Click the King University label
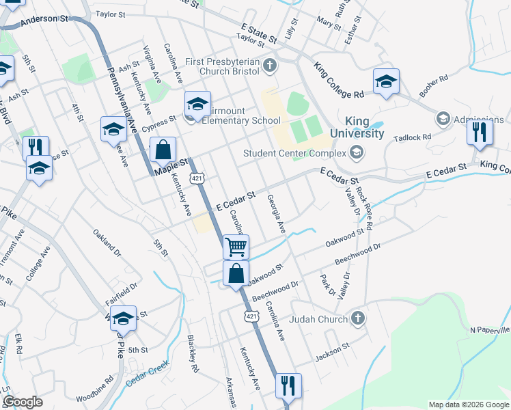click(357, 127)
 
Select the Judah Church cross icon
click(357, 318)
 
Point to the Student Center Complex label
click(296, 153)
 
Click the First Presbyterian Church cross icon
click(271, 66)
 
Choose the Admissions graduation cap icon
click(443, 120)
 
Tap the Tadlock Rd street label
click(413, 138)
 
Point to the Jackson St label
click(332, 357)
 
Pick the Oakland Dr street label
click(107, 243)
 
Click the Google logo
click(23, 402)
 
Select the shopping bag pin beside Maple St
click(163, 149)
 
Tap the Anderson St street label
click(45, 20)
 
